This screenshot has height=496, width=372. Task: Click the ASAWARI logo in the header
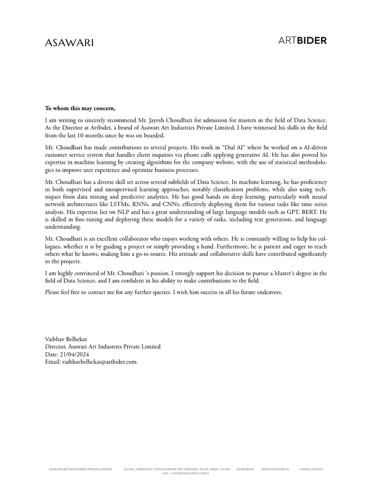[69, 43]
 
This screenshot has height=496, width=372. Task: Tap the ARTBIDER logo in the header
[302, 40]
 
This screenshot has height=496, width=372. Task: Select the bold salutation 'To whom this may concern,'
[80, 108]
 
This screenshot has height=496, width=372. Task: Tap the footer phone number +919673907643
[311, 469]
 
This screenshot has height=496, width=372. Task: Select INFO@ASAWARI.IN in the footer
[275, 469]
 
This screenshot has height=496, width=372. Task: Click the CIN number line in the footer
[186, 473]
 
